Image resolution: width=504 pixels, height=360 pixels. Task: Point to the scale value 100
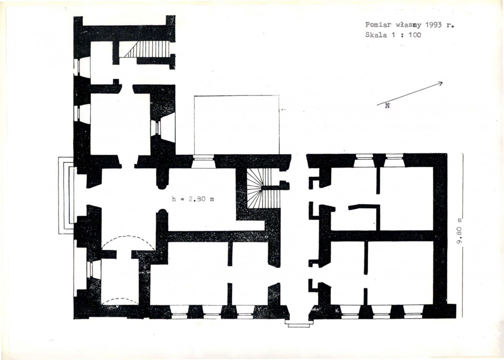tap(415, 35)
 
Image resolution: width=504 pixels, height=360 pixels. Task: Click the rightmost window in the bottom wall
tap(412, 312)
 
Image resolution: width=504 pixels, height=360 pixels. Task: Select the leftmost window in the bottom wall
tap(178, 312)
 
